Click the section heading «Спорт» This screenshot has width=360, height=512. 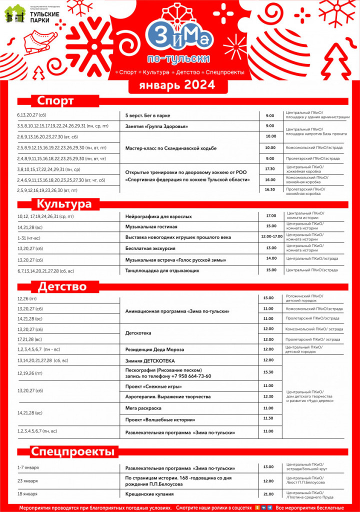click(x=55, y=101)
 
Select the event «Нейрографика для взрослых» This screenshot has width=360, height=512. click(x=158, y=216)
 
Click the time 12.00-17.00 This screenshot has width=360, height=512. click(x=271, y=236)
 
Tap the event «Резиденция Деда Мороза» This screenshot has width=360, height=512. click(x=154, y=349)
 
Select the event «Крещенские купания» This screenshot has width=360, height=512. click(x=149, y=494)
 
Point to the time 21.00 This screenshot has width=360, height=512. click(x=268, y=494)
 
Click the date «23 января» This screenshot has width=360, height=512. click(x=28, y=480)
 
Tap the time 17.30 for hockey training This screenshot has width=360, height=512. click(x=270, y=169)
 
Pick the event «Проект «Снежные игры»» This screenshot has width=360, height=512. click(x=153, y=386)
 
